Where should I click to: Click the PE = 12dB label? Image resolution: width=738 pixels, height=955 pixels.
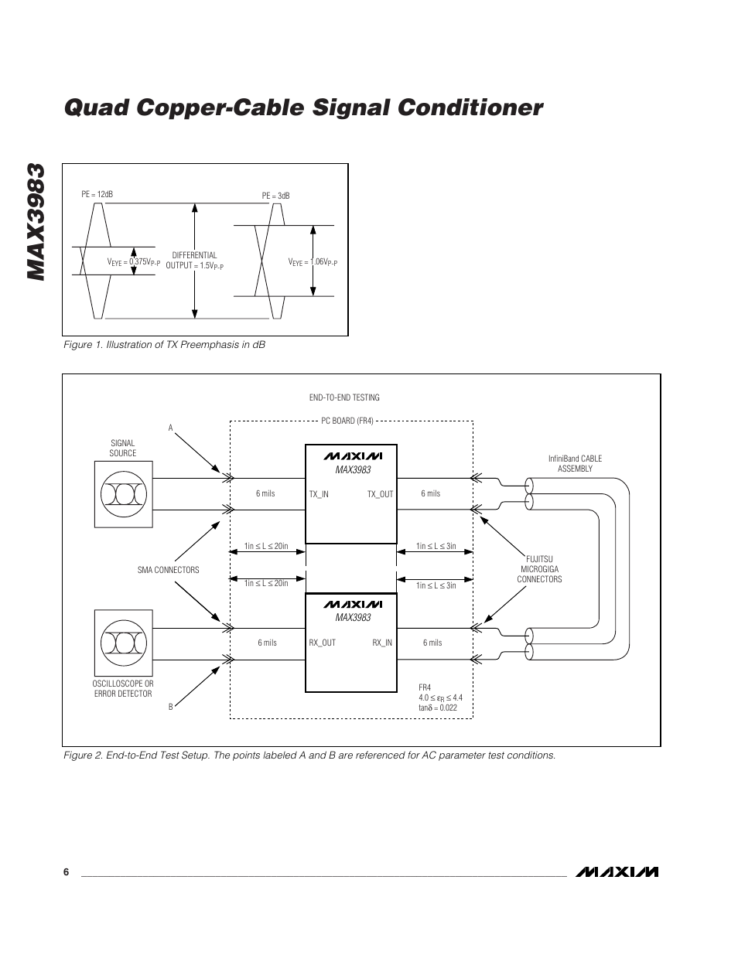point(97,194)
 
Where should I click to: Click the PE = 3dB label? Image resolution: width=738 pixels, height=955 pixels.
point(275,196)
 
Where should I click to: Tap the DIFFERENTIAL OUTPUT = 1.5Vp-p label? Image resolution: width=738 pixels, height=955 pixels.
point(194,261)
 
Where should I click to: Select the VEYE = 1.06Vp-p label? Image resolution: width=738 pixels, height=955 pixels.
point(313,262)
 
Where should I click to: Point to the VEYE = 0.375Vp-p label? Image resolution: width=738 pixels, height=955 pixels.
point(133,262)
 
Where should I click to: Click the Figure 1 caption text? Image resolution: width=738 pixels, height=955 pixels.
point(164,345)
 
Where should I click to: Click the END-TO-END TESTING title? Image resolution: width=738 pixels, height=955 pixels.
point(344,397)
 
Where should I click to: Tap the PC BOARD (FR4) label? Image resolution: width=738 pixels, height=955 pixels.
point(347,421)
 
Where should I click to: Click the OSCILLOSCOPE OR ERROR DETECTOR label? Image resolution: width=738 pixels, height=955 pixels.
point(123,689)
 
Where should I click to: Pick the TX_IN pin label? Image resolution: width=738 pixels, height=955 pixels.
point(319,494)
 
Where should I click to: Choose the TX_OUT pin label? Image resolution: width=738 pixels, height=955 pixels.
point(380,494)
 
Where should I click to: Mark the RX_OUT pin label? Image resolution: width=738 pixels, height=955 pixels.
point(322,643)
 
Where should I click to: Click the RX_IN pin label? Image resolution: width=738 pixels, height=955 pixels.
point(382,643)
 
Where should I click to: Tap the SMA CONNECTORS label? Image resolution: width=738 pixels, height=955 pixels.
point(168,570)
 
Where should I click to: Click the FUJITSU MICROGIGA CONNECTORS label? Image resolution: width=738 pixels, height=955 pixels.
point(539,569)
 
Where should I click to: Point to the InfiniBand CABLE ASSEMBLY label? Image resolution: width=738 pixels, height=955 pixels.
point(575,463)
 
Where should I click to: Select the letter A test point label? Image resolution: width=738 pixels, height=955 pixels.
point(171,428)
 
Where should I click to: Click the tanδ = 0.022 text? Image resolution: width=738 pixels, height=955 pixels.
point(438,708)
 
